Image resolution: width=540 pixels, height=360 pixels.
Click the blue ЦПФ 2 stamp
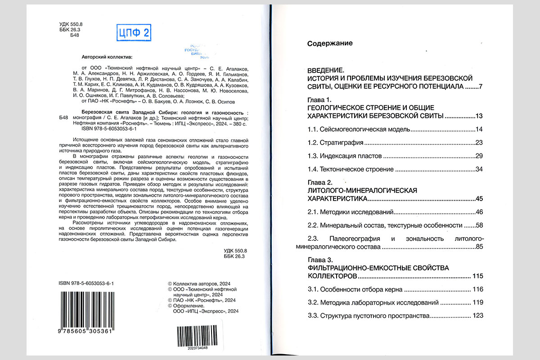(x=133, y=32)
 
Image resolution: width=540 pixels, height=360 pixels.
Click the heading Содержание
(x=329, y=44)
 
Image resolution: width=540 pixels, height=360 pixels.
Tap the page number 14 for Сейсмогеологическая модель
(x=478, y=130)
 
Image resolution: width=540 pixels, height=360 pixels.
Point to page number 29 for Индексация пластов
(x=478, y=156)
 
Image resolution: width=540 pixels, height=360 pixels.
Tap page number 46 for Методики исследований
(x=478, y=212)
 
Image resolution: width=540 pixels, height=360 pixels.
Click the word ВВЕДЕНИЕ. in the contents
(x=325, y=71)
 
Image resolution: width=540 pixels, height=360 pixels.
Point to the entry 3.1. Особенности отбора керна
(x=355, y=289)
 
